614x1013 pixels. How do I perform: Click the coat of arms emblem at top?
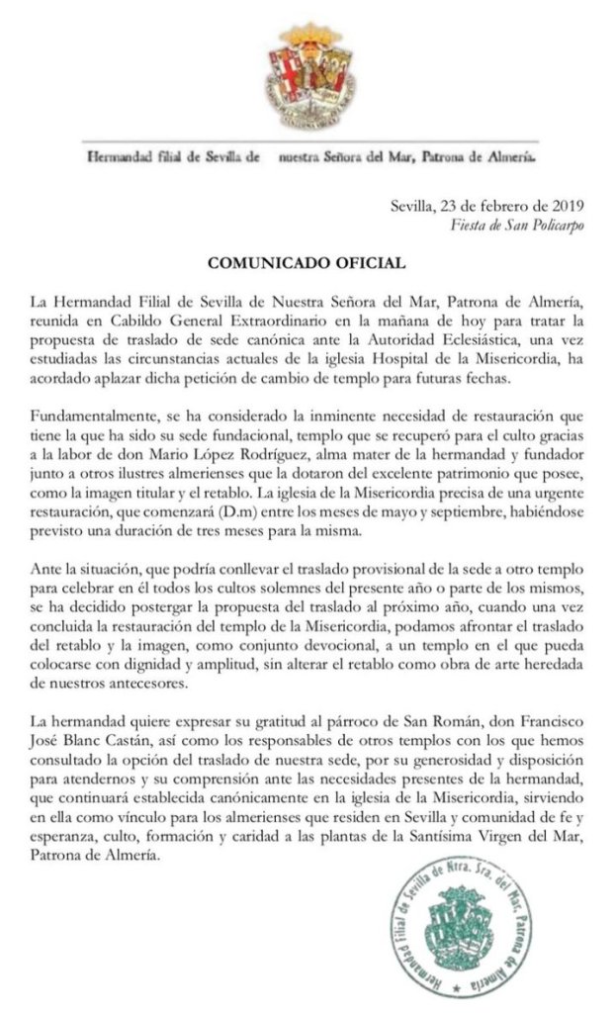tap(307, 75)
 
